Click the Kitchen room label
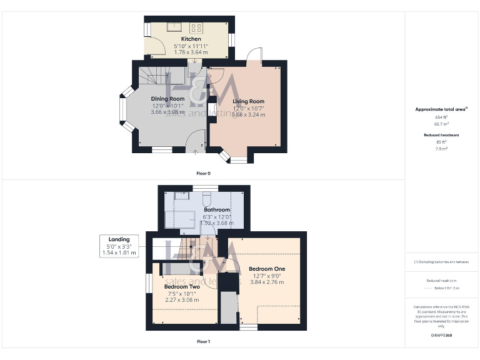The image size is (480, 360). point(191,39)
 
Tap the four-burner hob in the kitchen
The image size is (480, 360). point(197,27)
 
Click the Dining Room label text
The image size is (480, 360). point(167,99)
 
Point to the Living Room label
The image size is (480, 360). point(249,101)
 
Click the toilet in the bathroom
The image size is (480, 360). point(207,199)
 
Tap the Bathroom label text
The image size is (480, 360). point(217,209)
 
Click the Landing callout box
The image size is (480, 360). point(119,246)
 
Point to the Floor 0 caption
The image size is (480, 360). point(204,173)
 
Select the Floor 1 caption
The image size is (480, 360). point(204,342)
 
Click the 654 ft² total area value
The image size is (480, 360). point(441,117)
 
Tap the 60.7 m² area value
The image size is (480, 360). point(441,124)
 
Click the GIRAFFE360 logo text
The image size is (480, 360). point(441,336)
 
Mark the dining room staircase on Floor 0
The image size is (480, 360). point(153,77)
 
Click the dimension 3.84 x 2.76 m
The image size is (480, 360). point(267,282)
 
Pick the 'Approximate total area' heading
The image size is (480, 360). point(441,109)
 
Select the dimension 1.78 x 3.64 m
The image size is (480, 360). point(191,52)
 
